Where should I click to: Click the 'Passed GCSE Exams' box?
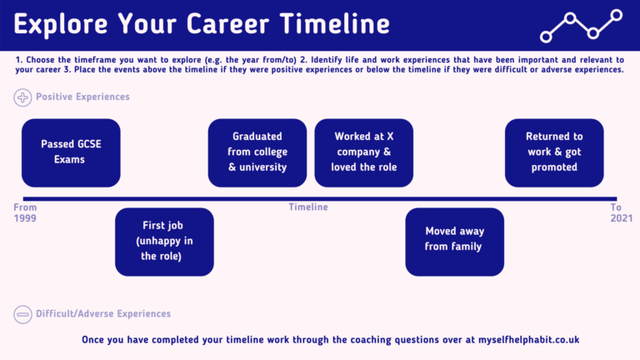tap(71, 152)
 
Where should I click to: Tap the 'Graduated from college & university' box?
tap(257, 152)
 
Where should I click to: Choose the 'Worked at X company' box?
tap(362, 152)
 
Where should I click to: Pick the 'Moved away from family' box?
tap(454, 242)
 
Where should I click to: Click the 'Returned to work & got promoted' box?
tap(554, 152)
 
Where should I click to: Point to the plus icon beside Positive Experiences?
tap(22, 97)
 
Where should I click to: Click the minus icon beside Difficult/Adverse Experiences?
tap(22, 314)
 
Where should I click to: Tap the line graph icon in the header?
tap(582, 25)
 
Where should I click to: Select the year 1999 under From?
tap(26, 218)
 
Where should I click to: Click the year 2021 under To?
tap(616, 218)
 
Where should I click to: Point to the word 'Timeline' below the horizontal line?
tap(308, 207)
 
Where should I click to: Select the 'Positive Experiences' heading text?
tap(82, 97)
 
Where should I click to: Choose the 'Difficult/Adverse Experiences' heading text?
tap(103, 314)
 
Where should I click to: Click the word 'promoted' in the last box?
tap(554, 167)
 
